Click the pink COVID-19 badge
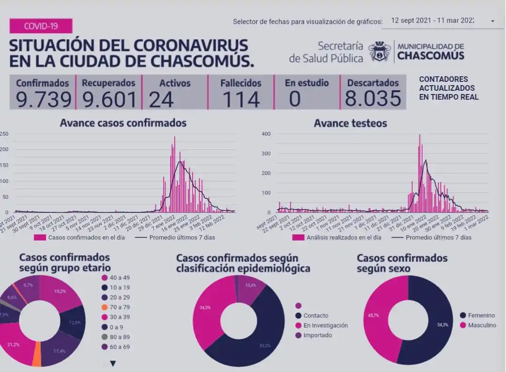coord(41,26)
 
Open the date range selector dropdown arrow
coord(492,21)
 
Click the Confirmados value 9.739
coord(43,99)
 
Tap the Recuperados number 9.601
coord(110,99)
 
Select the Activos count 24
coord(161,99)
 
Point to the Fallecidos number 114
coord(241,99)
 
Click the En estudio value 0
coord(294,99)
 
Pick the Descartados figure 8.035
coord(373,99)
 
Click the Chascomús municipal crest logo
coord(379,51)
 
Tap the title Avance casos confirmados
coord(123,123)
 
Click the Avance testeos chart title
coord(350,123)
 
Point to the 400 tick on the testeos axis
coord(266,134)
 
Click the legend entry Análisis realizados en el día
coord(337,237)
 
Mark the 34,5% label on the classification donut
coord(205,308)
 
